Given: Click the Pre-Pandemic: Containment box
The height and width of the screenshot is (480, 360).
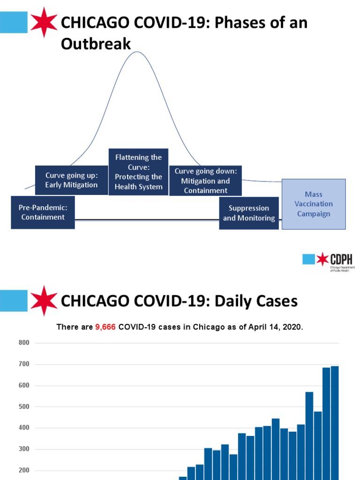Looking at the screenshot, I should [x=43, y=212].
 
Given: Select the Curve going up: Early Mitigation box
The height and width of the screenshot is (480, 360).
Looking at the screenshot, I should [x=71, y=180].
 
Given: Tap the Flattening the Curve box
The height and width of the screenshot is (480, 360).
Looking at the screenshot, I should [x=138, y=172].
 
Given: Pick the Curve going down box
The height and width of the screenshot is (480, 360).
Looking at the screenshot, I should [x=205, y=180].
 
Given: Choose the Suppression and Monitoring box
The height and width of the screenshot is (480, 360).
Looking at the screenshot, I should [x=249, y=213].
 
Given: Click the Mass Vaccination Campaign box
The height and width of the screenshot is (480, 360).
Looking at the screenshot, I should [x=314, y=204].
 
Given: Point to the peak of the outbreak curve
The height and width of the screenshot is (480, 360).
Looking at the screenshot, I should [x=137, y=52].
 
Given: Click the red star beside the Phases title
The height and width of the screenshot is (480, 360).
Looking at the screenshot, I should [x=44, y=22].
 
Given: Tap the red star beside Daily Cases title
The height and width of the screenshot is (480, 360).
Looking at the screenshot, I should [x=44, y=300].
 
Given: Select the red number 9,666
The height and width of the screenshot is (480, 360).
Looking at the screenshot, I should [x=106, y=327].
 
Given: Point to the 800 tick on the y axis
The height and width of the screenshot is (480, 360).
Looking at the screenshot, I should [x=24, y=343].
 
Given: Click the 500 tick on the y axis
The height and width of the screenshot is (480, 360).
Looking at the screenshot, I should [x=24, y=407].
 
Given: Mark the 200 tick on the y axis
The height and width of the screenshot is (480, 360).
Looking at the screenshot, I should [x=24, y=471].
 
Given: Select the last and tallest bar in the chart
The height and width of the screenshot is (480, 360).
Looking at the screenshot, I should [x=335, y=422].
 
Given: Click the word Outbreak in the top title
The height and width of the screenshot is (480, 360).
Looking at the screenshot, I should [x=96, y=44].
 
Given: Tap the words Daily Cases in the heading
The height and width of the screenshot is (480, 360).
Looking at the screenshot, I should [x=256, y=301].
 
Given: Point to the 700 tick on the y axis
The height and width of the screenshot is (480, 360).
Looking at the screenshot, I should [x=24, y=364].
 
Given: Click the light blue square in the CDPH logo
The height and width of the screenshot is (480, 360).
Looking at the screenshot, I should [x=308, y=259].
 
